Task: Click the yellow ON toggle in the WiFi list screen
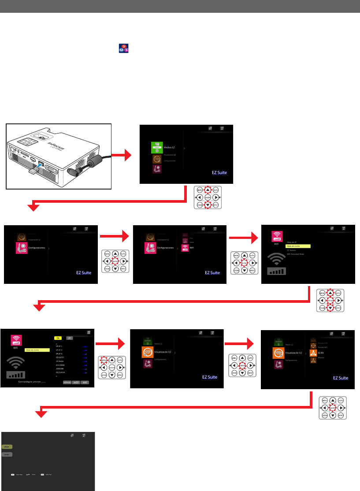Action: (x=58, y=338)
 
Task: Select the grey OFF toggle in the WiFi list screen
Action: (x=69, y=338)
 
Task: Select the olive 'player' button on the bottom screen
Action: (x=7, y=446)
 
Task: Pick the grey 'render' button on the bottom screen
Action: (x=7, y=454)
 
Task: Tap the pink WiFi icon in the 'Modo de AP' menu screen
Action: (x=277, y=236)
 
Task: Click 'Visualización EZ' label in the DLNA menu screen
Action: (x=295, y=353)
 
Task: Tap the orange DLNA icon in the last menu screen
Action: (x=312, y=353)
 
